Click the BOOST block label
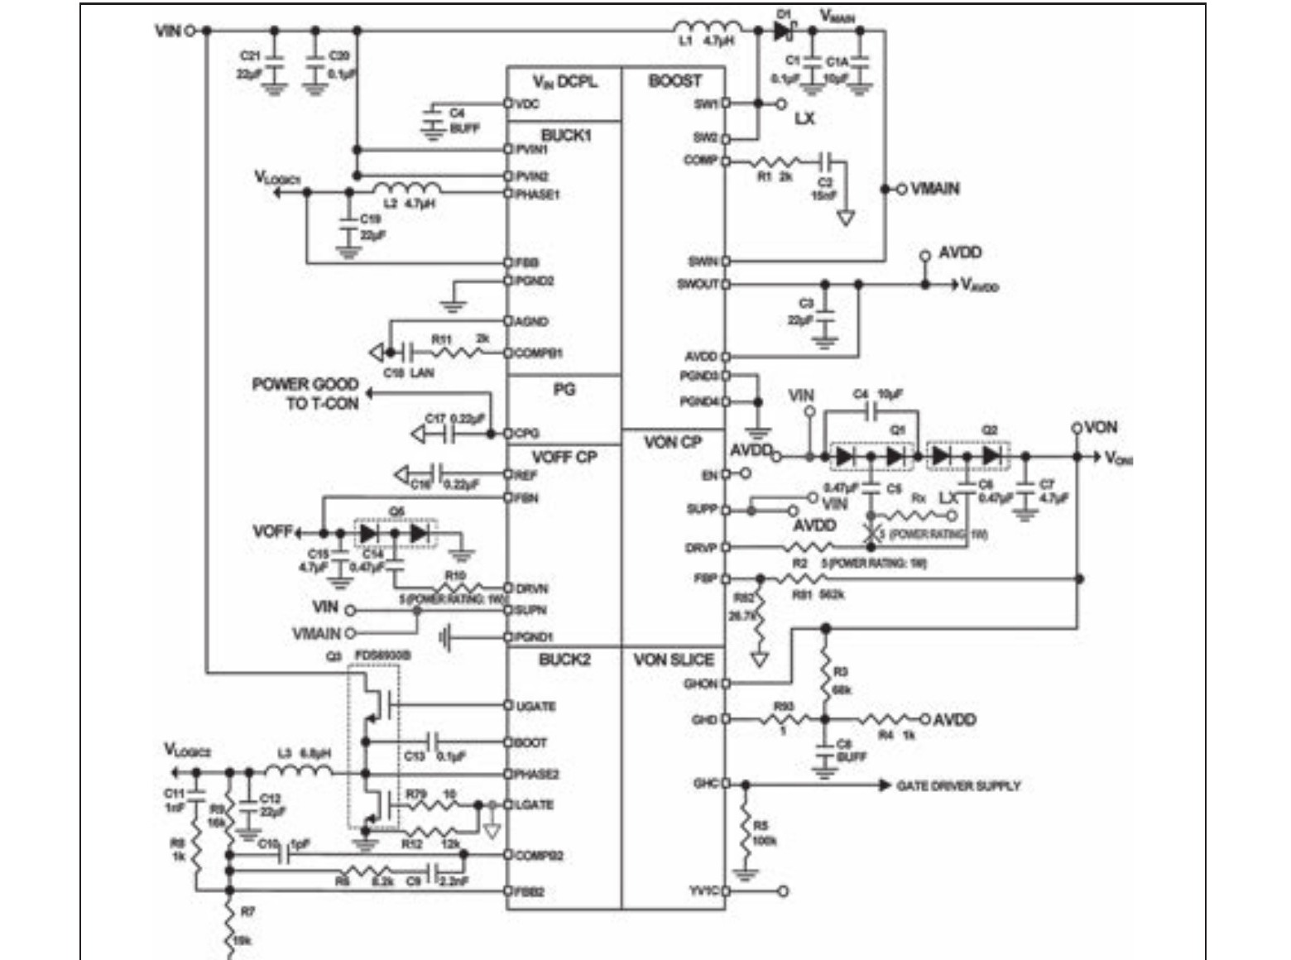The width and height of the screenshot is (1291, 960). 674,81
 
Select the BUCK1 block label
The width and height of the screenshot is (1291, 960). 566,135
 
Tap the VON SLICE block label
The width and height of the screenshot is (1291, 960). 674,660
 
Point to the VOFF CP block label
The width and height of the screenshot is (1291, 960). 564,457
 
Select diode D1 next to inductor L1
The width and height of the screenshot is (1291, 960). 783,31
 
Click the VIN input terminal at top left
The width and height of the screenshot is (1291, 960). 190,31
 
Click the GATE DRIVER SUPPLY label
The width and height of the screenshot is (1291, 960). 958,785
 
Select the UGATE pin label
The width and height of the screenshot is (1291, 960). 536,706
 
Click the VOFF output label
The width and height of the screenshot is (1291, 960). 272,530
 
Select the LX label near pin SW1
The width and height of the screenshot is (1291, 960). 804,118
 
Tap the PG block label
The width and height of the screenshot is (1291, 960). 564,389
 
